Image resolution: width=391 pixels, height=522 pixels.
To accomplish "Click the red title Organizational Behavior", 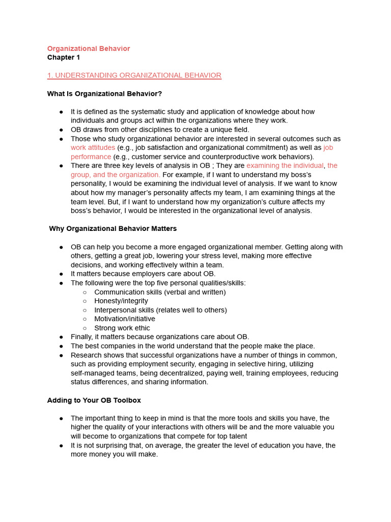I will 89,48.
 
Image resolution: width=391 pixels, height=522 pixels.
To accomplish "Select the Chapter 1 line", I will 64,58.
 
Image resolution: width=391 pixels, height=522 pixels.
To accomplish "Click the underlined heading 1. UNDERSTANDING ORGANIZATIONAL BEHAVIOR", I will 134,75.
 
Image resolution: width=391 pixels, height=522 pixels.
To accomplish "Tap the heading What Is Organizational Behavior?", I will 104,94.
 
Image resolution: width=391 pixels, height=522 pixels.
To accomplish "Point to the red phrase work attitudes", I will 93,148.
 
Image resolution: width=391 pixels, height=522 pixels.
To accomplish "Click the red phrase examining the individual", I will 285,166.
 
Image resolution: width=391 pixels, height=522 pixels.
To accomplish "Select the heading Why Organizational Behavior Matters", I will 113,228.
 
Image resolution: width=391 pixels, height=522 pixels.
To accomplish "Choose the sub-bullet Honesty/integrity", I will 121,301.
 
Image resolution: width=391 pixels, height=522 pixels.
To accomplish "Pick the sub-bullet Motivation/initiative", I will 125,319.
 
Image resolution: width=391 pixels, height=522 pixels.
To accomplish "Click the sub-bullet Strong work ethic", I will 122,328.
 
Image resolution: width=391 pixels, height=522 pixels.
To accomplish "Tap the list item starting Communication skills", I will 160,292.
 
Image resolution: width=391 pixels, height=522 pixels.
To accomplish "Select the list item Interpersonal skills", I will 160,310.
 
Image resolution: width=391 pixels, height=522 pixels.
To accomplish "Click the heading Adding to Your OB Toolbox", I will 94,400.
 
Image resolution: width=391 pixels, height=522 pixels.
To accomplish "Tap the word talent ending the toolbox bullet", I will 236,436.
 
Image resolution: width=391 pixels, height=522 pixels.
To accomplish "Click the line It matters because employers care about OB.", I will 143,274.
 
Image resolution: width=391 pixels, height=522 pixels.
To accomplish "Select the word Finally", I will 81,337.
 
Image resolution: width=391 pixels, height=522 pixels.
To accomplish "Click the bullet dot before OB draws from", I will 61,129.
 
